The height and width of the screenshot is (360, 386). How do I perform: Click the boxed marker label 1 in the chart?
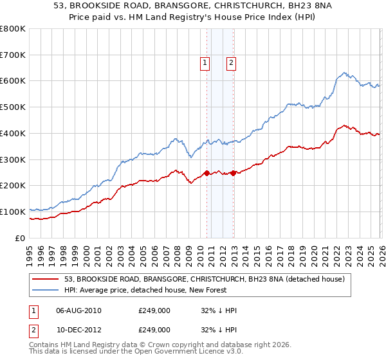coord(205,63)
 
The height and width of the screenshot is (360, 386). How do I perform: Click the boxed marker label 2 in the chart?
coord(230,63)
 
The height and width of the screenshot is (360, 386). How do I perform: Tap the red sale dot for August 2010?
coord(207,172)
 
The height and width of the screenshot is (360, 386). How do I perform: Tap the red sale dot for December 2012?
coord(233,172)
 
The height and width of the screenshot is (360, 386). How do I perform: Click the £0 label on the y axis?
coord(21,238)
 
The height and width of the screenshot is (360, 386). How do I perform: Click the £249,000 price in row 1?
coord(154,310)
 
